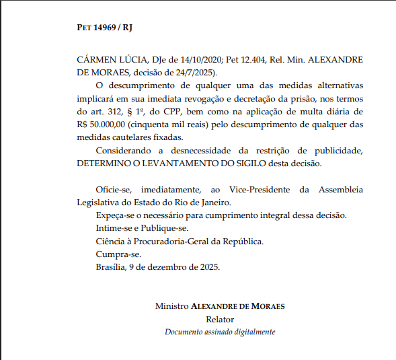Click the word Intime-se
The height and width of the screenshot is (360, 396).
point(116,228)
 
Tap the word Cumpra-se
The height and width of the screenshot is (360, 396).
point(118,254)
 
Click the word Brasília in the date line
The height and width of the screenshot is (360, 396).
point(112,266)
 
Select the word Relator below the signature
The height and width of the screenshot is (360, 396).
point(220,319)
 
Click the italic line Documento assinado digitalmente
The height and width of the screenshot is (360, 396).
point(220,332)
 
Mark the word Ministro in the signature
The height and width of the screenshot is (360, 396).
point(171,305)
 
